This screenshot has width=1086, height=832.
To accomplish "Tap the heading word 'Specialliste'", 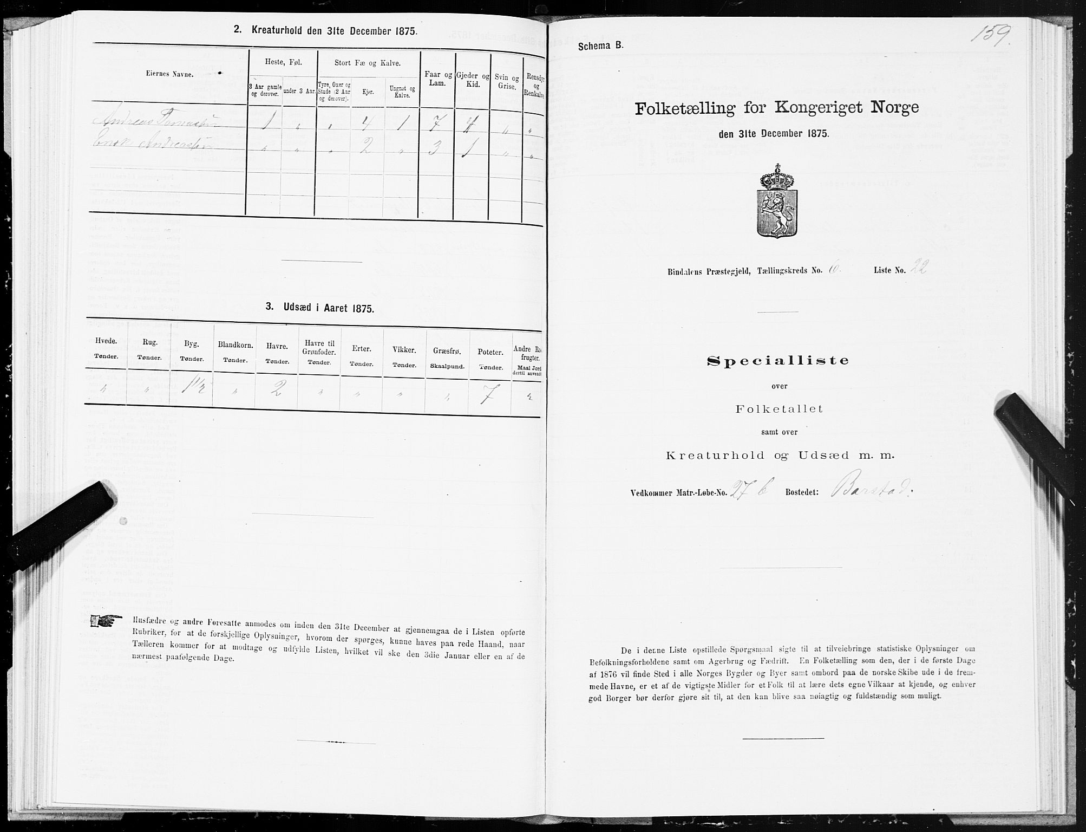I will pyautogui.click(x=778, y=361).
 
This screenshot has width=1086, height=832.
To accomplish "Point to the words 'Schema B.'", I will pyautogui.click(x=599, y=47).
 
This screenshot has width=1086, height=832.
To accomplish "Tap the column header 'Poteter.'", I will pyautogui.click(x=490, y=353).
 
